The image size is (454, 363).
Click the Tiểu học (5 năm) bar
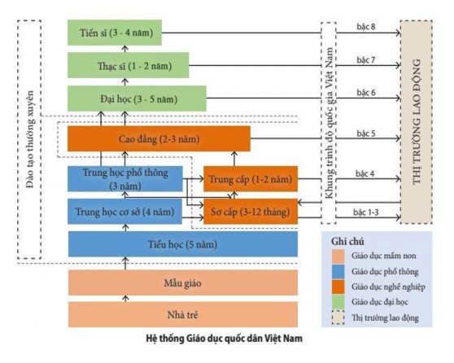point(183,243)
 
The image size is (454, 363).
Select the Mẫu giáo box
point(183,282)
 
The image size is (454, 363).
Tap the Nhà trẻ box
point(183,313)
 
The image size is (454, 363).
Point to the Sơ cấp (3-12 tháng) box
point(250,211)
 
